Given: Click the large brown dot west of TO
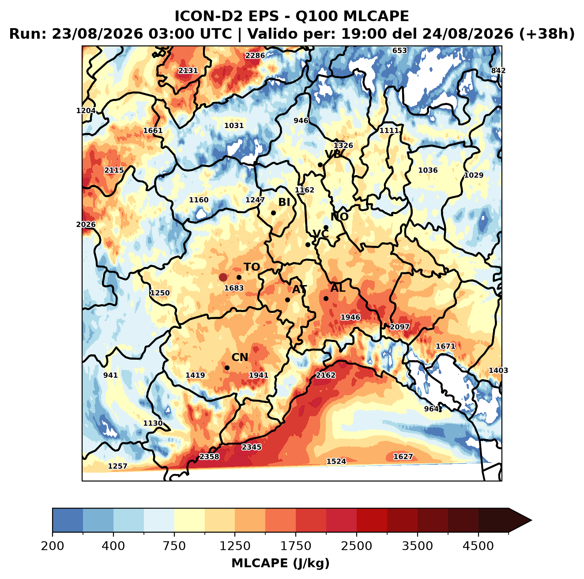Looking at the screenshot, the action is pyautogui.click(x=223, y=277).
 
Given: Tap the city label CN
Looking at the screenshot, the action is pyautogui.click(x=240, y=357).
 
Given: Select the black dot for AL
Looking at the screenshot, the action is pyautogui.click(x=326, y=298).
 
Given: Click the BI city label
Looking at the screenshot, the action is pyautogui.click(x=284, y=202).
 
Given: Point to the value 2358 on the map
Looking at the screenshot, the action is pyautogui.click(x=209, y=457).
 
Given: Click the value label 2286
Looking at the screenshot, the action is pyautogui.click(x=255, y=56).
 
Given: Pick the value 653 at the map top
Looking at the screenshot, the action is pyautogui.click(x=400, y=51).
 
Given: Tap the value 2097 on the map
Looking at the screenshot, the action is pyautogui.click(x=399, y=327).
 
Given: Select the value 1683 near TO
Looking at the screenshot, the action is pyautogui.click(x=234, y=288).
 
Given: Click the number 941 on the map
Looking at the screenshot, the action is pyautogui.click(x=110, y=375).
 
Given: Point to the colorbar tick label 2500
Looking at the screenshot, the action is pyautogui.click(x=356, y=546).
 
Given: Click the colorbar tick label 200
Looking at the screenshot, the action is pyautogui.click(x=53, y=546).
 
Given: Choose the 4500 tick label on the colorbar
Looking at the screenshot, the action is pyautogui.click(x=478, y=546).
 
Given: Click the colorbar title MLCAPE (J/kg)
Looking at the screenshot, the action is pyautogui.click(x=280, y=563).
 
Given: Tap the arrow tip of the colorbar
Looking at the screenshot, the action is pyautogui.click(x=532, y=520).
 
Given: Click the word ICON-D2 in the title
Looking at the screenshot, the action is pyautogui.click(x=208, y=16).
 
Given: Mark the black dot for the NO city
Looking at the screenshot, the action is pyautogui.click(x=326, y=227).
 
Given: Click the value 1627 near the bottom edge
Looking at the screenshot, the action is pyautogui.click(x=403, y=457).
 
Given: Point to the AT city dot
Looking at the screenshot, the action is pyautogui.click(x=287, y=300).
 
